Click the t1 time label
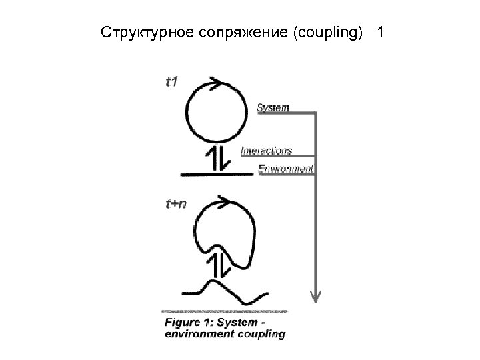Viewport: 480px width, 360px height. click(171, 82)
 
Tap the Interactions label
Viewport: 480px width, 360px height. click(266, 151)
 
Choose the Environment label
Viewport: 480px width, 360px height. click(285, 168)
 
